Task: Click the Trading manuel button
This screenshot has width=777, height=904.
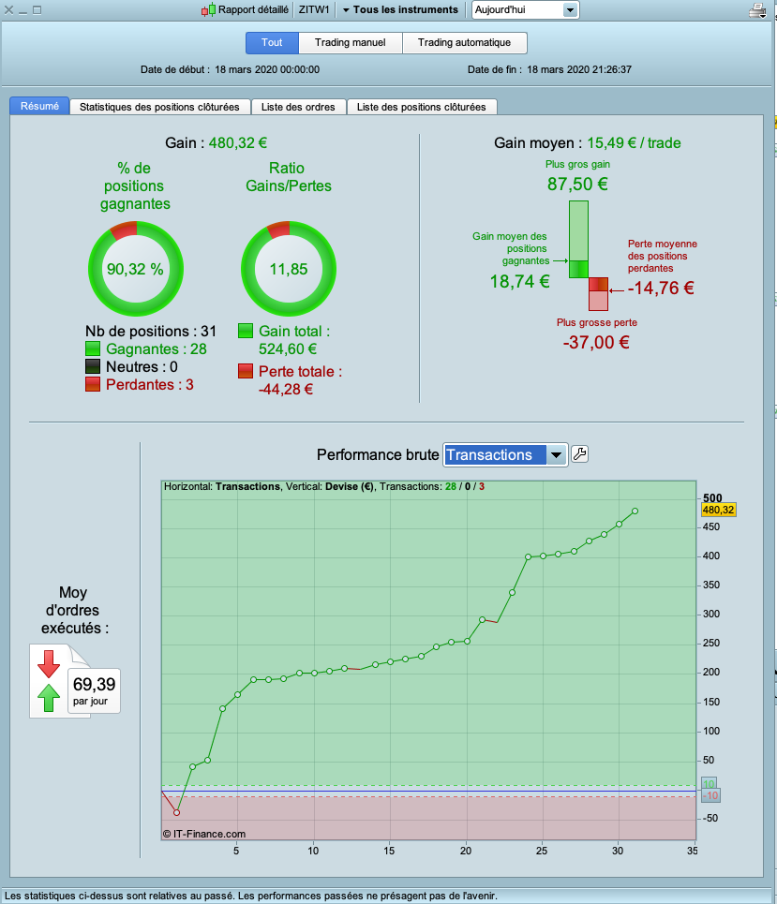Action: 351,43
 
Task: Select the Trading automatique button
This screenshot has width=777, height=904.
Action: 464,43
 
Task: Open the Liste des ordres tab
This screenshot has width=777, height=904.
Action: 298,107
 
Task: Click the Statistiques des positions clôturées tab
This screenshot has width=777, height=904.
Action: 165,107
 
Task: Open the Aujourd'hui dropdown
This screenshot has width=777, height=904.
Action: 525,10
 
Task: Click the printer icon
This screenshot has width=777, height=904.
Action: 757,11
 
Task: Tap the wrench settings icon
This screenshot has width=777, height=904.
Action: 580,455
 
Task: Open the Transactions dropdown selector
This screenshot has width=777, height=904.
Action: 505,455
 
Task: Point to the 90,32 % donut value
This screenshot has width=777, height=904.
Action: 135,269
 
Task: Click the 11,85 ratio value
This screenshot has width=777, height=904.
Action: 289,269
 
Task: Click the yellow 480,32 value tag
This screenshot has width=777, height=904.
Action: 717,510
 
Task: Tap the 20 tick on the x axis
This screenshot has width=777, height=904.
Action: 466,851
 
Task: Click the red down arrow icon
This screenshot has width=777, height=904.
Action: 48,664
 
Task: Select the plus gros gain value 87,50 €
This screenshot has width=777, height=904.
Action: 577,185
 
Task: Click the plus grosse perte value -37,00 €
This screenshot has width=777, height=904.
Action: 595,342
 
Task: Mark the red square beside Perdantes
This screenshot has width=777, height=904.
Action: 93,385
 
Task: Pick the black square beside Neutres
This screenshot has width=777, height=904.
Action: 93,367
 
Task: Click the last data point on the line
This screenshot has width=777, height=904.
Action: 635,511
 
